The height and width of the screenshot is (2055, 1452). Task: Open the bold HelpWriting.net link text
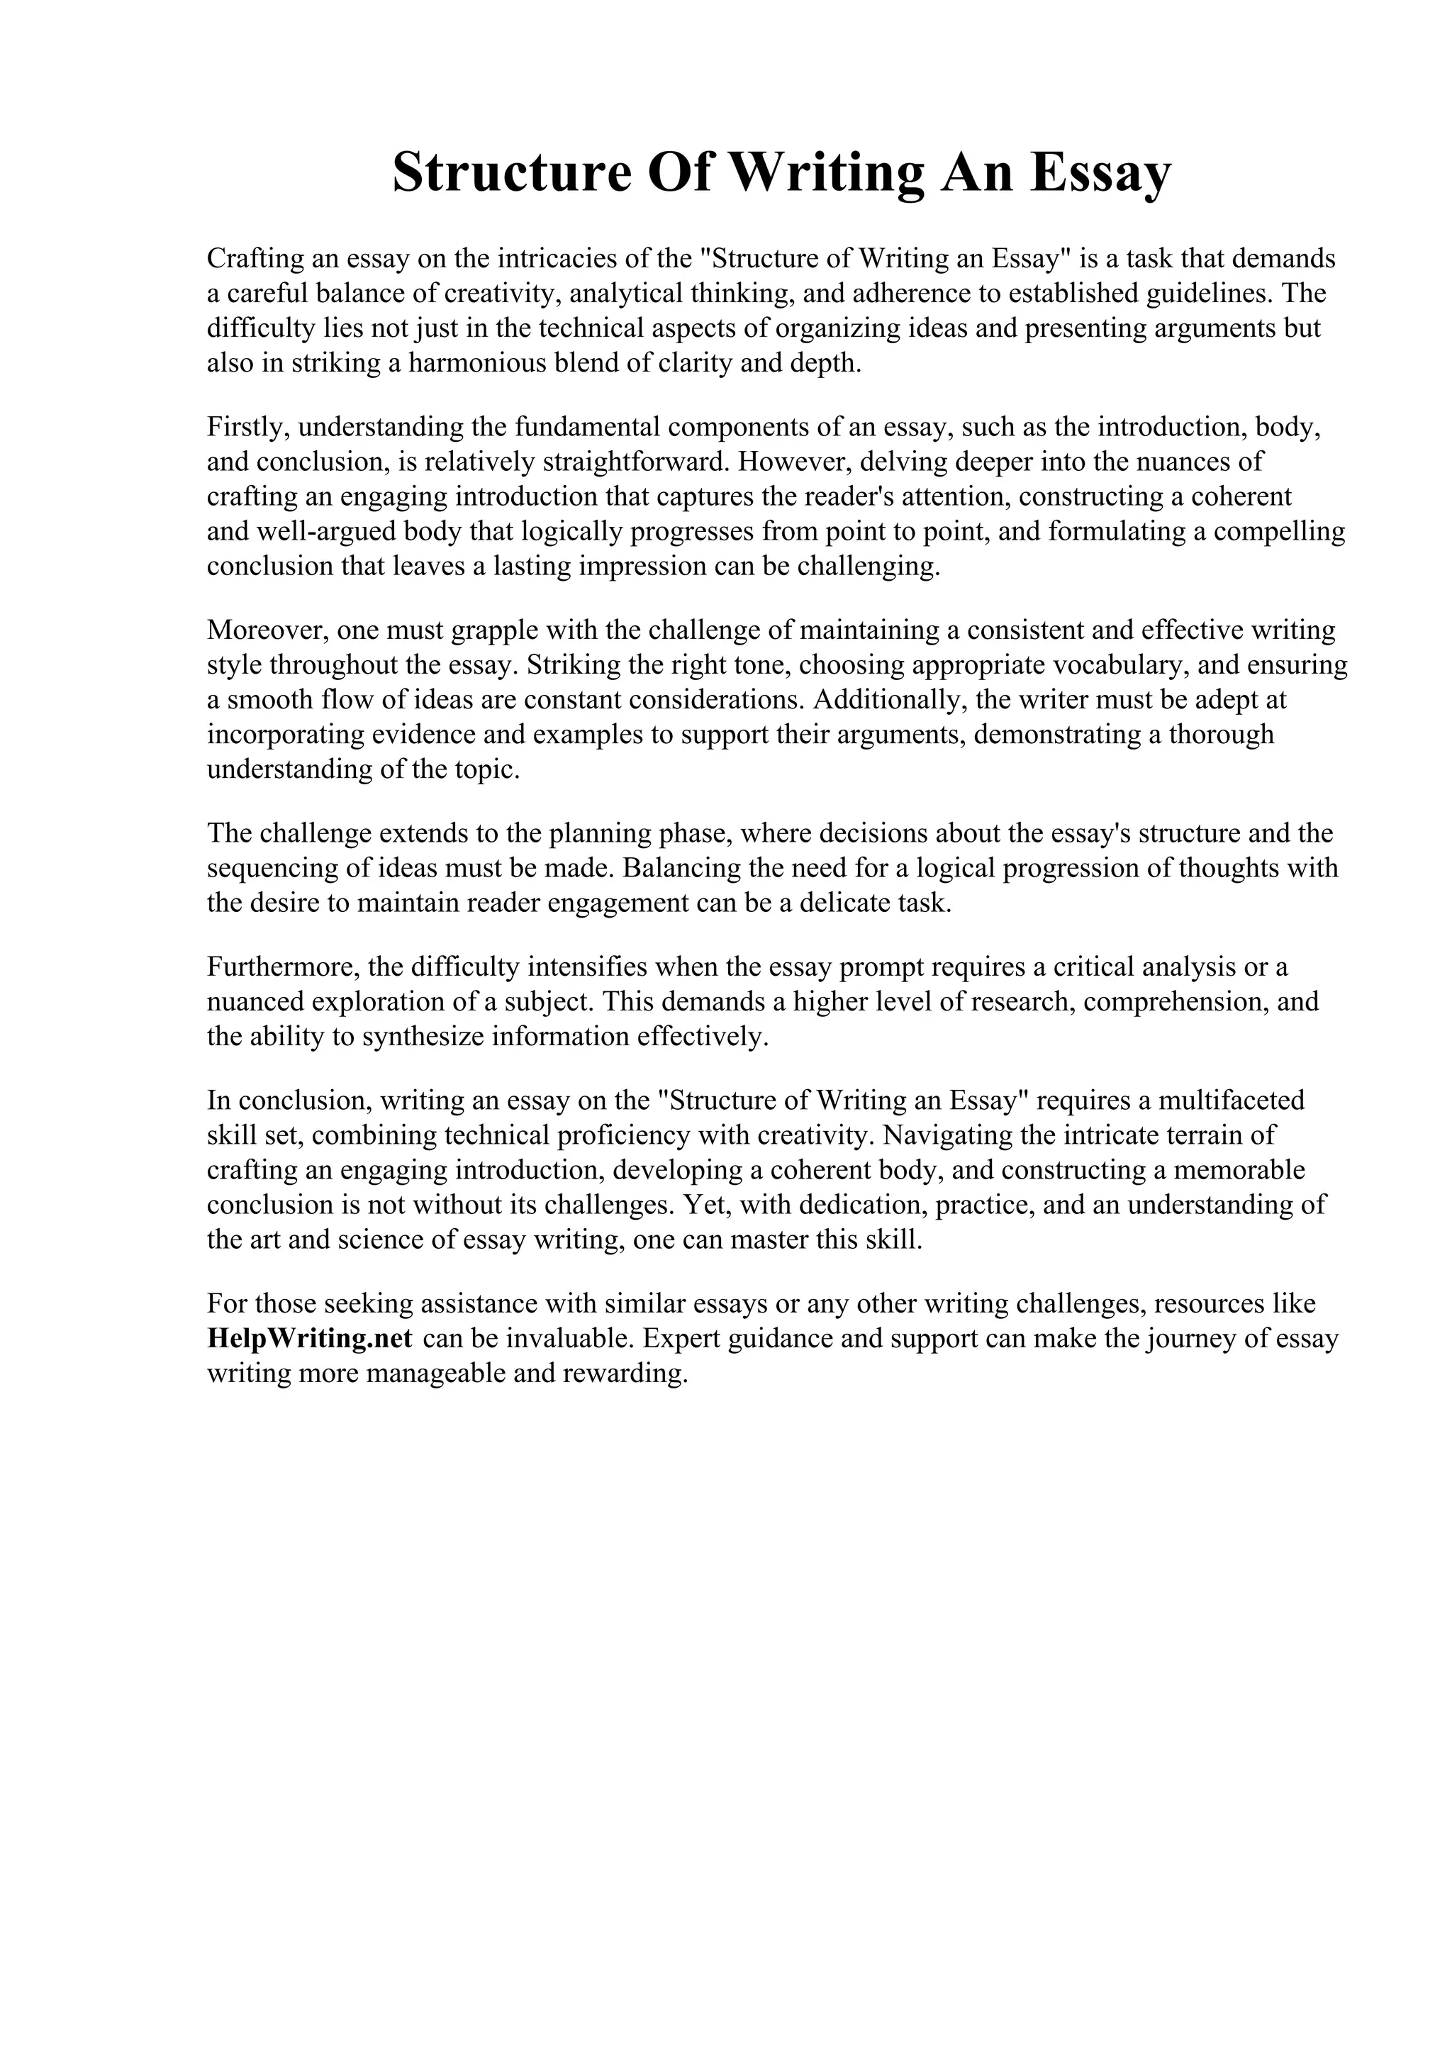point(310,1339)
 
